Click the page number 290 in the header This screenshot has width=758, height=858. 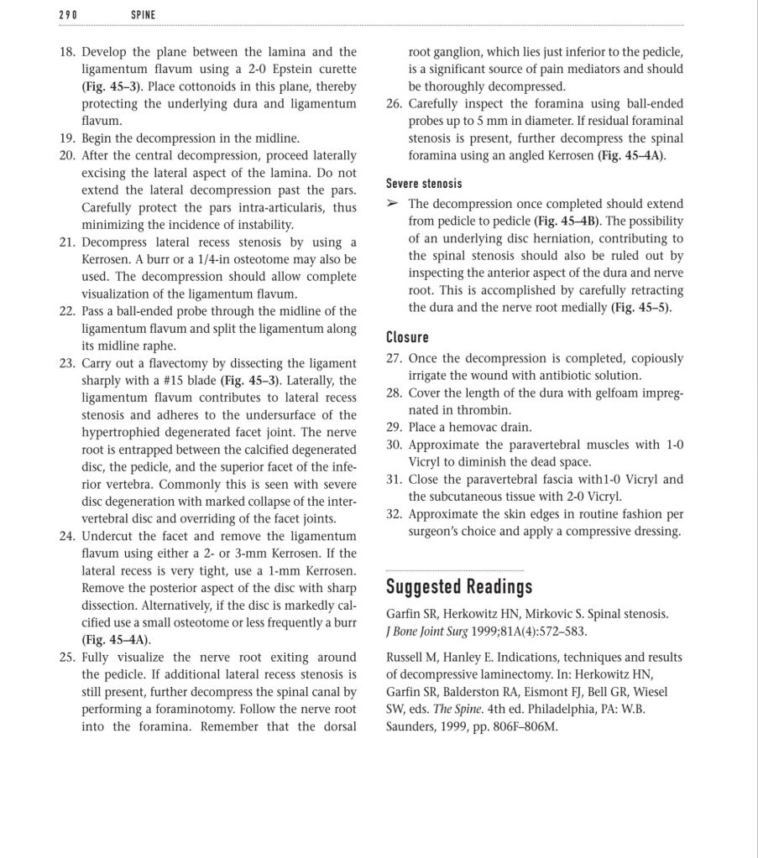68,15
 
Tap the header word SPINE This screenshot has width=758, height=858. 144,15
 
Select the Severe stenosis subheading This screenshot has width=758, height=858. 424,183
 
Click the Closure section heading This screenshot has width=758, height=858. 407,337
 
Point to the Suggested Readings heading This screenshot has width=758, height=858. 459,585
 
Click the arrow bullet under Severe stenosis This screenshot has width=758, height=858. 393,204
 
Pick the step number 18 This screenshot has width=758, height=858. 67,52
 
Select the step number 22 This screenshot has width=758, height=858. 67,311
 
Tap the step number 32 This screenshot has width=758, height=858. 395,514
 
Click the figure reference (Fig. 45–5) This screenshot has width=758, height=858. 641,308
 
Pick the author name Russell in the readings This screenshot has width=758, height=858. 406,658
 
